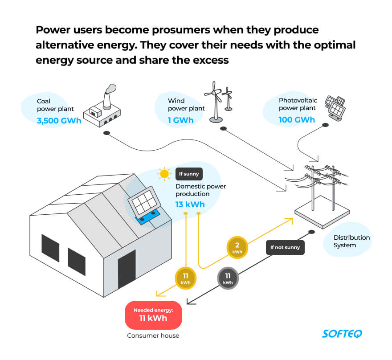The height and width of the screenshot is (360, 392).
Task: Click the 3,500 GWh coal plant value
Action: [59, 120]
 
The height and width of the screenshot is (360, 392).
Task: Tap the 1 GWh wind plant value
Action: [180, 120]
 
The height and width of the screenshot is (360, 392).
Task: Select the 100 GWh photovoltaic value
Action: [297, 119]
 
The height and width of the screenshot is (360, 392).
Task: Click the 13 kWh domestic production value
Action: [190, 205]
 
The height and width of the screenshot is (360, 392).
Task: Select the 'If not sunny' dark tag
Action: [285, 247]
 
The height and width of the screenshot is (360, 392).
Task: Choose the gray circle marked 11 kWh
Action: [228, 278]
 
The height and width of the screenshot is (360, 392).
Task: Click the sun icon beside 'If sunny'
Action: [165, 174]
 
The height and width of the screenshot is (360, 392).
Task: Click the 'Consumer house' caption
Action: [153, 335]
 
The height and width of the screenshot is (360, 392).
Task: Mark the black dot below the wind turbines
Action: [223, 129]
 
